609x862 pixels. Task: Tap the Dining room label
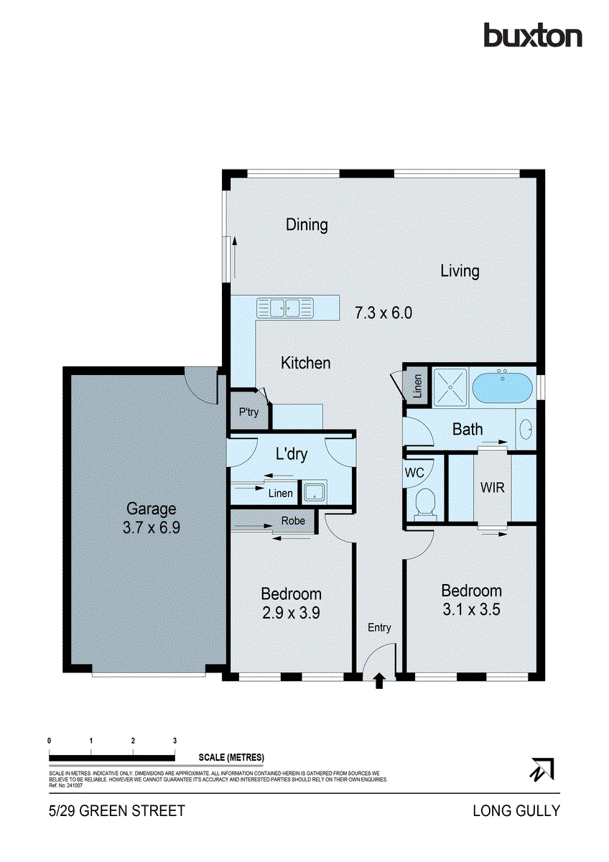coord(307,225)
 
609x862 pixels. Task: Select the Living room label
coord(460,271)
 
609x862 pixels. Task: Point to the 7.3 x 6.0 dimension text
coord(383,313)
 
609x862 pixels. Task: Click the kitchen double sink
coord(285,308)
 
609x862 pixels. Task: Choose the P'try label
coord(248,412)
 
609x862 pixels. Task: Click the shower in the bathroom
coord(450,386)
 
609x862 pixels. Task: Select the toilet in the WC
coord(424,501)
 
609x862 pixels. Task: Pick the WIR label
coord(492,488)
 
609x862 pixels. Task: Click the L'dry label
coord(292,455)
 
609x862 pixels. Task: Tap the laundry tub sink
coord(315,492)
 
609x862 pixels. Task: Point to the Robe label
coord(292,521)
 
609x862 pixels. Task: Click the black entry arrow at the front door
coord(379,681)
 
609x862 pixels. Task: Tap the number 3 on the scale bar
coord(175,741)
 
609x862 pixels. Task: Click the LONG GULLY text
coord(516,811)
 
